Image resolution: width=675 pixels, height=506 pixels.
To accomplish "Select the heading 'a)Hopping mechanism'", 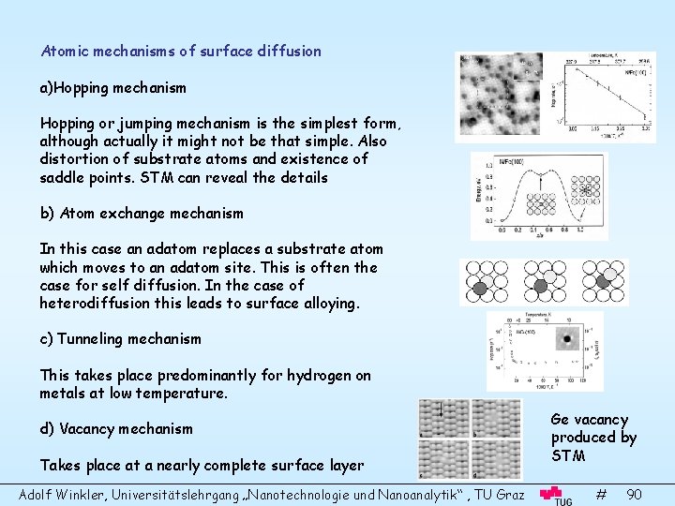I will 112,87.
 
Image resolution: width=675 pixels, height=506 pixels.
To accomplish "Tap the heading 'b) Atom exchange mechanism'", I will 142,213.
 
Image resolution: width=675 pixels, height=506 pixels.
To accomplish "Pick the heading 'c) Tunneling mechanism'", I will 120,338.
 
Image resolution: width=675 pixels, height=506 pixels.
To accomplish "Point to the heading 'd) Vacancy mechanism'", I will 116,428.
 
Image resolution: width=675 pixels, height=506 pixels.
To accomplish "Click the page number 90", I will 634,493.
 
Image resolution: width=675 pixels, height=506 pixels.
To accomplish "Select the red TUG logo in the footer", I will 557,495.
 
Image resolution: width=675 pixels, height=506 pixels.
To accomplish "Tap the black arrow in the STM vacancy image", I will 440,409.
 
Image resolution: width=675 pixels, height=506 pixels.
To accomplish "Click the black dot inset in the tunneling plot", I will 565,339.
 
